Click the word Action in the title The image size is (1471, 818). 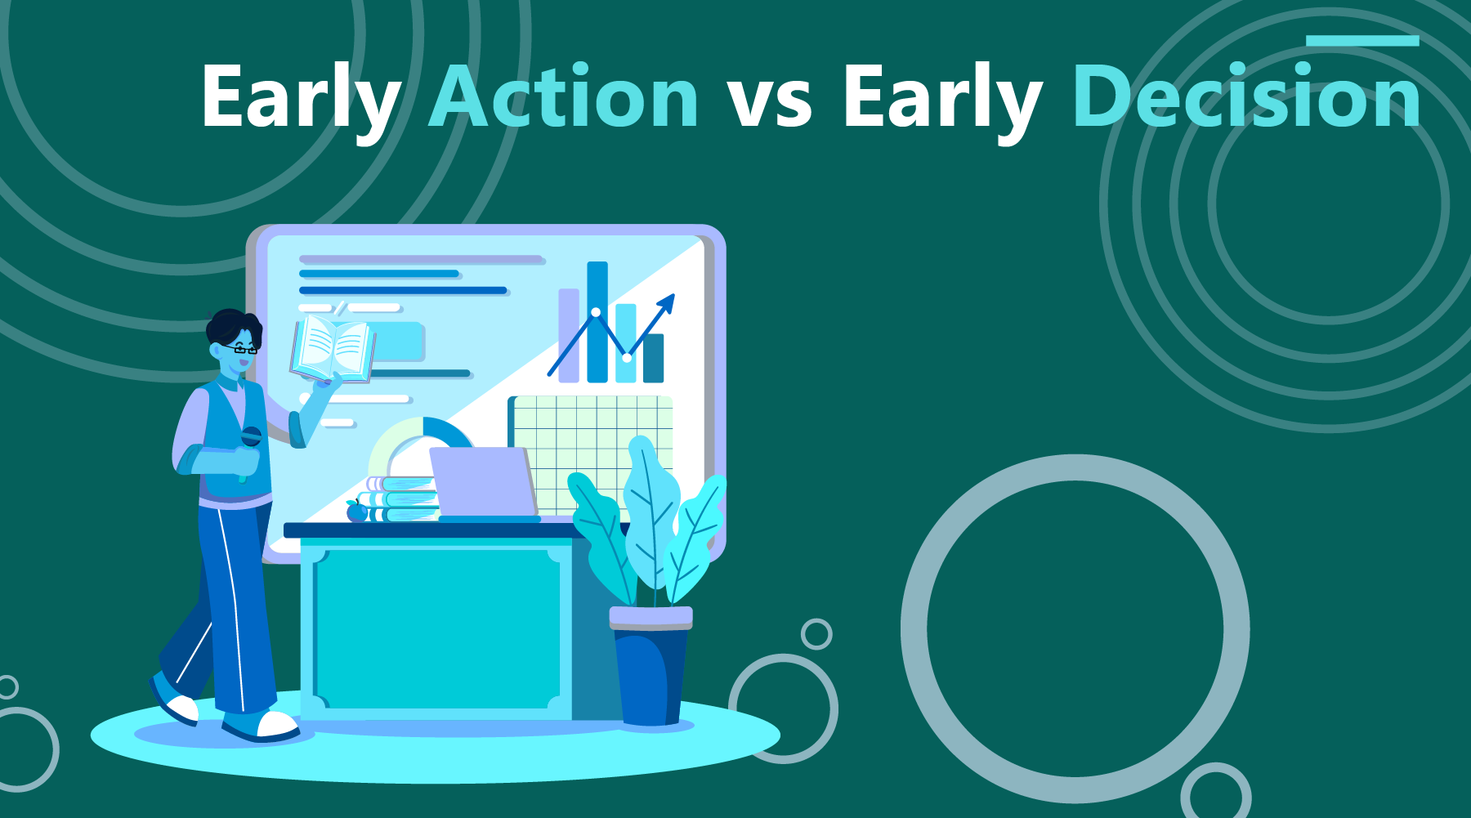(564, 98)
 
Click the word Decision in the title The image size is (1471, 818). (1246, 98)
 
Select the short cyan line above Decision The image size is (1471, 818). (1361, 40)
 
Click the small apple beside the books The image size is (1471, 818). (357, 512)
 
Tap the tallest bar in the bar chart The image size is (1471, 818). (597, 322)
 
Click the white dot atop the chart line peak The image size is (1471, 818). (596, 312)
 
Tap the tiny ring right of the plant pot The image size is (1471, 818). (816, 633)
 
